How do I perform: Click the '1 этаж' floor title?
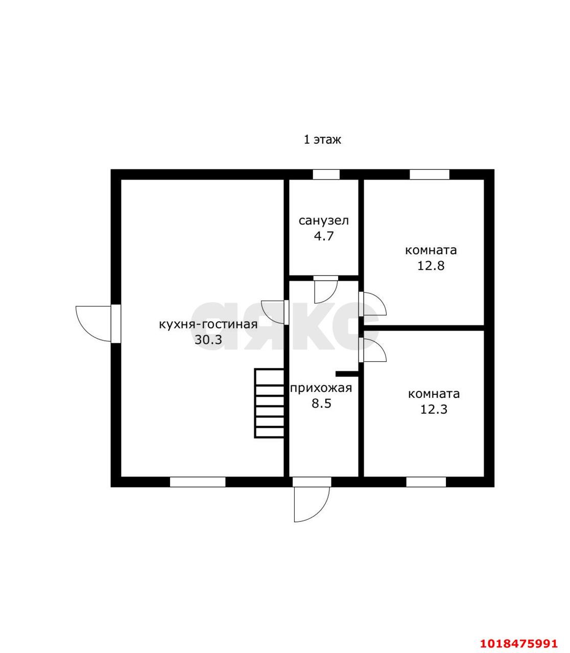point(322,140)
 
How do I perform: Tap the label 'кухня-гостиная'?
point(208,324)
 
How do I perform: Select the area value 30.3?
point(208,340)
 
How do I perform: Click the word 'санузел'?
point(324,220)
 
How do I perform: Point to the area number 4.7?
point(324,236)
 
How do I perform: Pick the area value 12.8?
point(431,266)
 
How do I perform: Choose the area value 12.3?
point(434,410)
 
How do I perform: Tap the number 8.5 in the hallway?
point(322,404)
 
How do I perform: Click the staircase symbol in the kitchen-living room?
point(269,403)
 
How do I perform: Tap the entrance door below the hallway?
point(312,504)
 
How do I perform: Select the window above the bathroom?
point(326,174)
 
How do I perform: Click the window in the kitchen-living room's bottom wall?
point(198,482)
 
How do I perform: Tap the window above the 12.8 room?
point(430,174)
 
